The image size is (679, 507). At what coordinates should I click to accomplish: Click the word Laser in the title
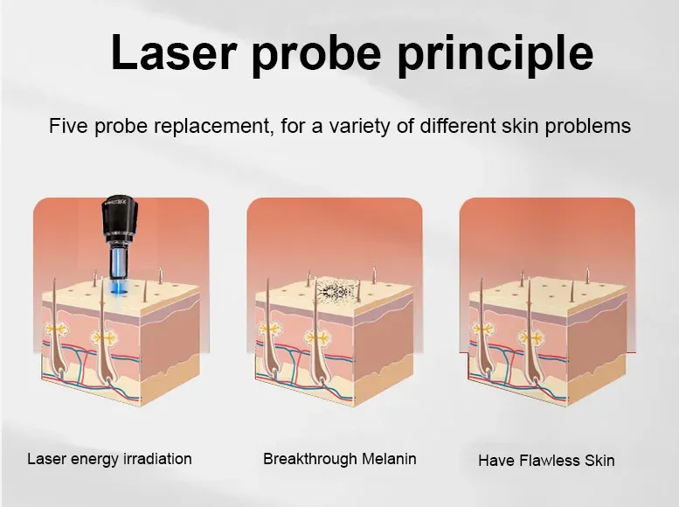(174, 52)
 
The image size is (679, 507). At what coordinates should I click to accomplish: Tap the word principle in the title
(495, 55)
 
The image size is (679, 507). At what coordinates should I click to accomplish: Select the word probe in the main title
(316, 55)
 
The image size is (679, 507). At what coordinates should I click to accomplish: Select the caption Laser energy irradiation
(109, 459)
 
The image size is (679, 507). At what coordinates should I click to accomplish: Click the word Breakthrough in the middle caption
(310, 459)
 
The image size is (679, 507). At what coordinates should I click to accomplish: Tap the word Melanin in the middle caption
(389, 458)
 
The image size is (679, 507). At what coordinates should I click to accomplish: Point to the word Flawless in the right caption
(550, 460)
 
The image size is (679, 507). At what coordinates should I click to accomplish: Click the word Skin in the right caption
(599, 460)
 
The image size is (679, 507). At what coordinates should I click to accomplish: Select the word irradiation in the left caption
(157, 458)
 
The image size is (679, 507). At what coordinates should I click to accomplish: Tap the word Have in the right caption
(496, 460)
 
